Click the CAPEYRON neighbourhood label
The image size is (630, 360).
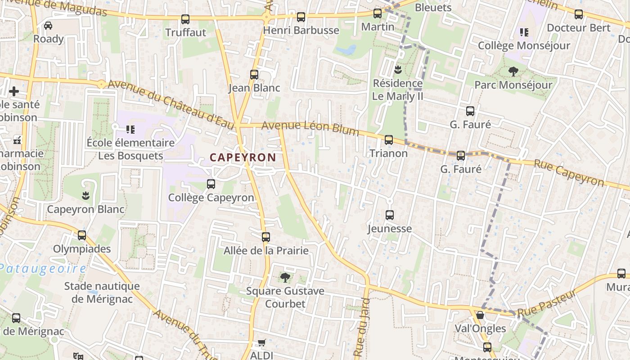point(243,157)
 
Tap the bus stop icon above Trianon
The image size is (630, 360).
point(389,140)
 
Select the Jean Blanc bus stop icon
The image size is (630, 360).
point(254,75)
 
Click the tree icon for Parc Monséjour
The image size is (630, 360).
point(513,71)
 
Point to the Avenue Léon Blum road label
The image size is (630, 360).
point(310,128)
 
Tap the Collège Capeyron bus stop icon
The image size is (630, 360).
point(211,184)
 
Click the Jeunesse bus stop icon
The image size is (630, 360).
point(390,215)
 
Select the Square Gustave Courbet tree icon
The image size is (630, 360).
point(285,278)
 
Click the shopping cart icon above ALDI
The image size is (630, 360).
point(262,343)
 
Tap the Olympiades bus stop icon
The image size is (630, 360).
point(82,235)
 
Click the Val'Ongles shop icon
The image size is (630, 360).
point(480,315)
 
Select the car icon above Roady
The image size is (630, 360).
point(48,26)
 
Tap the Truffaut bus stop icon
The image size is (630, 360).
point(185,19)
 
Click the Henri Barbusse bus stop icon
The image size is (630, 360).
point(301,18)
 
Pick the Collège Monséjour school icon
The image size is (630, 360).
point(524,32)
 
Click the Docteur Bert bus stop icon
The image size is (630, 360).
point(579,14)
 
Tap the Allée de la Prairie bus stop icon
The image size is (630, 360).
point(266,237)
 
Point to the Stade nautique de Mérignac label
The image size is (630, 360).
point(102,292)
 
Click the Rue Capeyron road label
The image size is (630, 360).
point(569,173)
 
